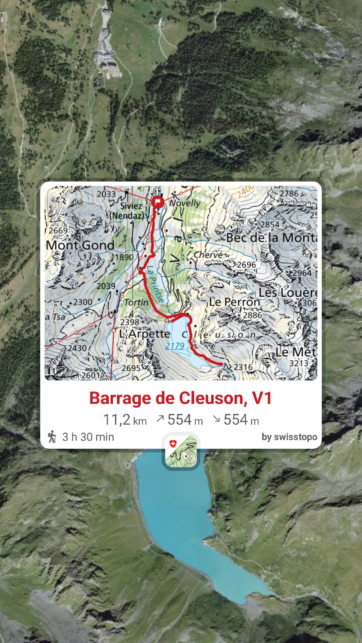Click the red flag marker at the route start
coord(157,202)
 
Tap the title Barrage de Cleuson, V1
coord(180,398)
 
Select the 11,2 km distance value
coord(125,420)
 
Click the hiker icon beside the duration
coord(52,437)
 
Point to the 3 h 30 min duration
coord(88,437)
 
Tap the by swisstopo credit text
coord(289,437)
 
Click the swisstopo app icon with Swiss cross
coord(181,451)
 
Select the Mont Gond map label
coord(80,245)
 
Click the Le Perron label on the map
coord(235,302)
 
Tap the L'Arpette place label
coord(145,334)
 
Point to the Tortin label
coord(136,302)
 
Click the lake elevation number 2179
coord(175,346)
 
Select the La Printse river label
coord(156,284)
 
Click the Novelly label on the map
coord(185,203)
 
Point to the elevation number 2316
coord(243,367)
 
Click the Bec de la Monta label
coord(271,238)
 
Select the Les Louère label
coord(288,293)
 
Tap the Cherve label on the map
coord(208,255)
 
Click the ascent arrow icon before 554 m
coord(160,419)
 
